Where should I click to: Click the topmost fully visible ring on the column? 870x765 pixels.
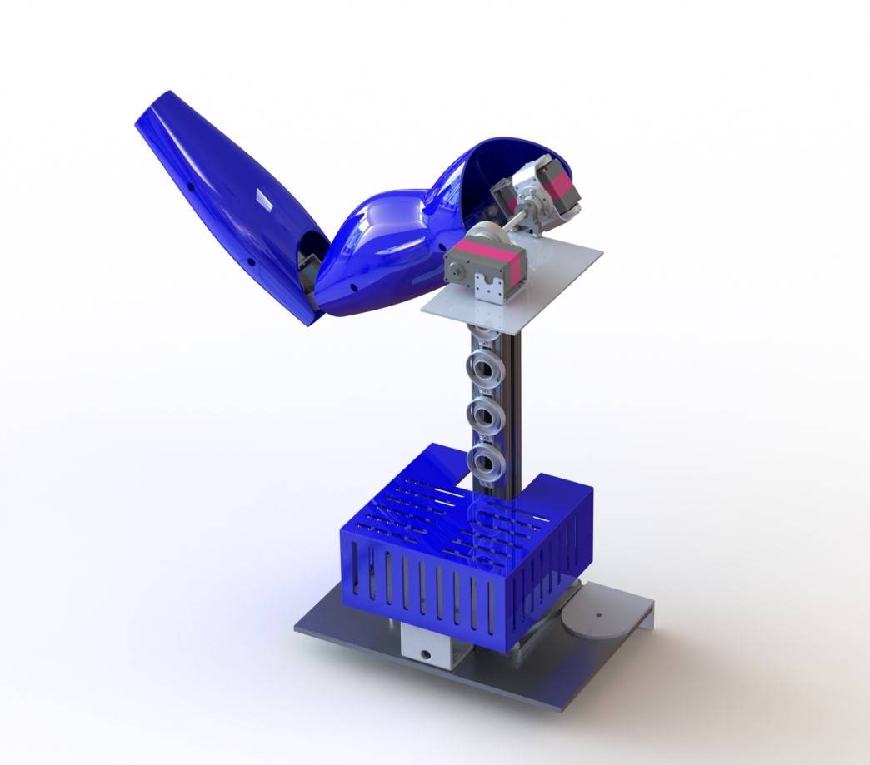[x=484, y=365]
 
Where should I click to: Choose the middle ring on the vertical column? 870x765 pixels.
[x=484, y=412]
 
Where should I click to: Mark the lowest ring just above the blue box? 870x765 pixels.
[x=484, y=460]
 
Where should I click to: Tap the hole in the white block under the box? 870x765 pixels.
[x=429, y=654]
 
